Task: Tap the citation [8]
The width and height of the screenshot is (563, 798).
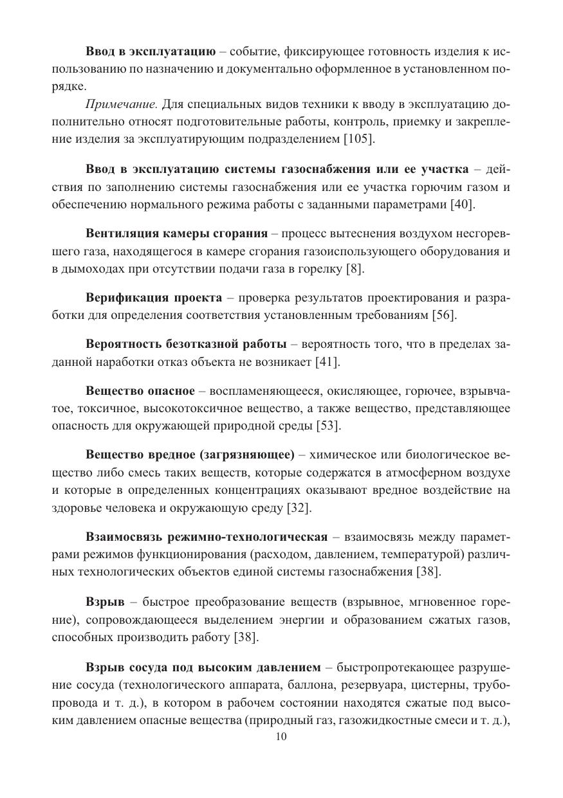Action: pos(353,269)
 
